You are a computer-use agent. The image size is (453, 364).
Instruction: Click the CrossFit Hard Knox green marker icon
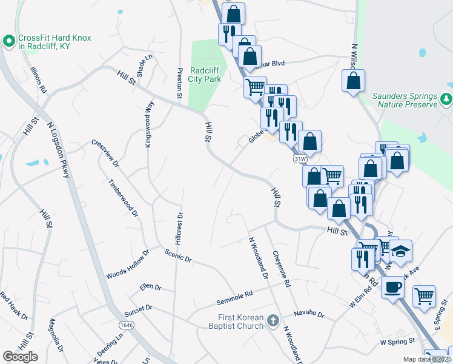[x=8, y=42]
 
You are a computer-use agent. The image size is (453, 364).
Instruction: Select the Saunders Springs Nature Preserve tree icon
[x=446, y=98]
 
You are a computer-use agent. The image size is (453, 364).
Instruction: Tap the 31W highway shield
[x=300, y=159]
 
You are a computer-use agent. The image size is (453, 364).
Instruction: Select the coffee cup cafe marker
[x=393, y=286]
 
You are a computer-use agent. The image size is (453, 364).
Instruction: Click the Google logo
[x=20, y=357]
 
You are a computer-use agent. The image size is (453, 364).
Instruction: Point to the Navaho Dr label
[x=309, y=314]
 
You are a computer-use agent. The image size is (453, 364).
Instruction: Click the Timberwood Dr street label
[x=124, y=198]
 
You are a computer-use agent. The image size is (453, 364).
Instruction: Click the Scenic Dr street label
[x=179, y=255]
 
